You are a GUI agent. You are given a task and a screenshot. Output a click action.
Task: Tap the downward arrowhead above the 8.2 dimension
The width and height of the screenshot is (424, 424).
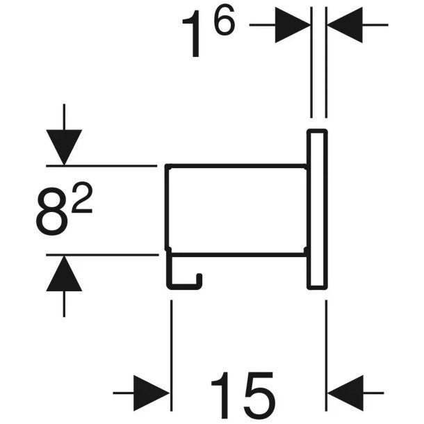click(x=63, y=147)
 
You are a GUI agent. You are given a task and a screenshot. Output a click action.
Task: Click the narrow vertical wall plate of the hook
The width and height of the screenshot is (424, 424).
click(x=318, y=209)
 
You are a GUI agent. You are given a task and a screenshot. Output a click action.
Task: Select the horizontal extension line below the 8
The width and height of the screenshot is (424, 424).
click(x=104, y=255)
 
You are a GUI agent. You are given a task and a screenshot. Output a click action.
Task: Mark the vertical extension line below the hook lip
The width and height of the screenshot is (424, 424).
click(x=170, y=334)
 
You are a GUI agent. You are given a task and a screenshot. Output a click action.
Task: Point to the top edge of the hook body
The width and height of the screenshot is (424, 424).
click(x=236, y=166)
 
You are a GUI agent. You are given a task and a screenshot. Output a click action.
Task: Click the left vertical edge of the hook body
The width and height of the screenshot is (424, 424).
click(x=166, y=209)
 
